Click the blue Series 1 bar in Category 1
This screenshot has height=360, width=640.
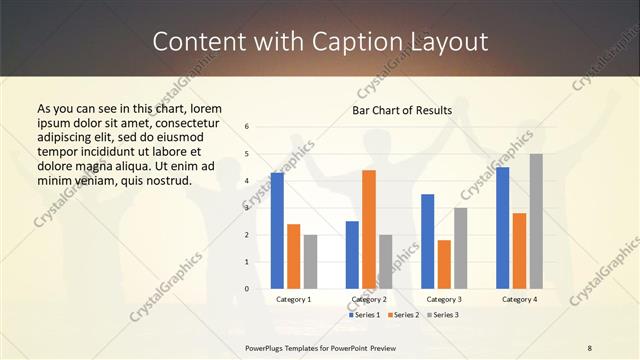(x=277, y=231)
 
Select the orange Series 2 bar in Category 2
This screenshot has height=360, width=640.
(x=369, y=229)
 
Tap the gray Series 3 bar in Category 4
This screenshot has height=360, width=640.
(x=536, y=221)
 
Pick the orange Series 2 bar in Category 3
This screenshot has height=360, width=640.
(x=444, y=264)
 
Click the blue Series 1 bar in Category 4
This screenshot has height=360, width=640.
(x=502, y=228)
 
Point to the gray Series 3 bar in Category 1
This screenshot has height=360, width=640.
(x=310, y=261)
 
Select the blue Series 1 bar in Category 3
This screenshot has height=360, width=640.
(x=427, y=241)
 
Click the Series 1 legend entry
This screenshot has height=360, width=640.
(x=365, y=315)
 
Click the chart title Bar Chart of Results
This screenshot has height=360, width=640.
(x=402, y=110)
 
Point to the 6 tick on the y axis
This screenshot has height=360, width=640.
(x=247, y=127)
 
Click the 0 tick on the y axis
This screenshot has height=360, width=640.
(x=247, y=289)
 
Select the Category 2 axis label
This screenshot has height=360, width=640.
(x=369, y=299)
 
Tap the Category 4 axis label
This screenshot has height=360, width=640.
(x=519, y=299)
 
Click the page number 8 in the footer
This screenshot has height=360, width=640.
(x=589, y=347)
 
